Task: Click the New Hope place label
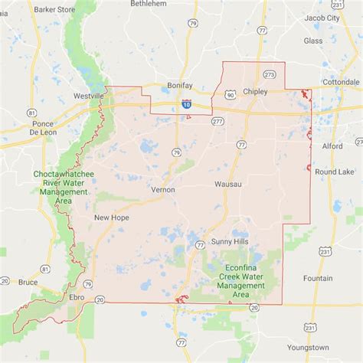(111, 217)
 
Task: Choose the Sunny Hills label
(231, 240)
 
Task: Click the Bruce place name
(29, 283)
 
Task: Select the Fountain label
(318, 278)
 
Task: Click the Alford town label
(333, 144)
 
